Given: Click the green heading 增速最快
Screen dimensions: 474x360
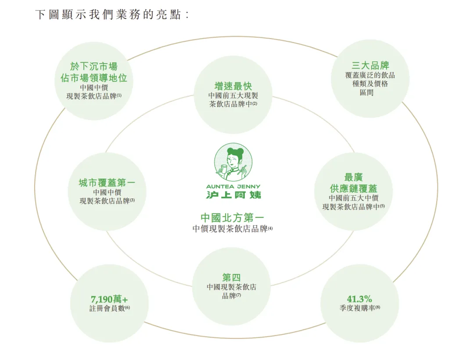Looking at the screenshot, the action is [x=233, y=86].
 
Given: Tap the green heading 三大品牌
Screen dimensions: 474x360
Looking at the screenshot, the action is [x=370, y=65].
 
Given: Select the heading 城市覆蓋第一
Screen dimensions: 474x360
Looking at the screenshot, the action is [x=107, y=183].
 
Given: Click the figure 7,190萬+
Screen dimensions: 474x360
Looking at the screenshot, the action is [x=109, y=299].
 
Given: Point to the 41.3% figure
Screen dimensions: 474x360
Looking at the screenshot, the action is [x=359, y=299].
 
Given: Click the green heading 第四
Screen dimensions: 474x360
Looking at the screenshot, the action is [x=231, y=277].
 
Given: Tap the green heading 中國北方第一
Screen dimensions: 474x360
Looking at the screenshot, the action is [x=232, y=217].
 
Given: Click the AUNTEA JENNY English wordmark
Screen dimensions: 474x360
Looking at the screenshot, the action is [x=233, y=187].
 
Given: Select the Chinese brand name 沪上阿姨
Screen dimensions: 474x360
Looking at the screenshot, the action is [x=233, y=194].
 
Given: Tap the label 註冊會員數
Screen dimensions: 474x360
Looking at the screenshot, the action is [x=107, y=308].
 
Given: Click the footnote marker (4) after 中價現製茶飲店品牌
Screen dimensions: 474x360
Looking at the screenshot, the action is [x=270, y=229].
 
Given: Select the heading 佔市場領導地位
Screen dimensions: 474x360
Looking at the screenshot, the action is [x=94, y=78].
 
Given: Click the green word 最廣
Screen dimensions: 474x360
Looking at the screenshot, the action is [x=353, y=177].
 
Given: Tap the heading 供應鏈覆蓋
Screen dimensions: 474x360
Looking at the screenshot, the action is [x=353, y=188].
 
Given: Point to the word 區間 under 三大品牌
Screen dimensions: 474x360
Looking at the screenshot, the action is [x=366, y=92].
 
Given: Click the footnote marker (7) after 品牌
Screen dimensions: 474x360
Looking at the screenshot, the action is [x=238, y=295].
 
